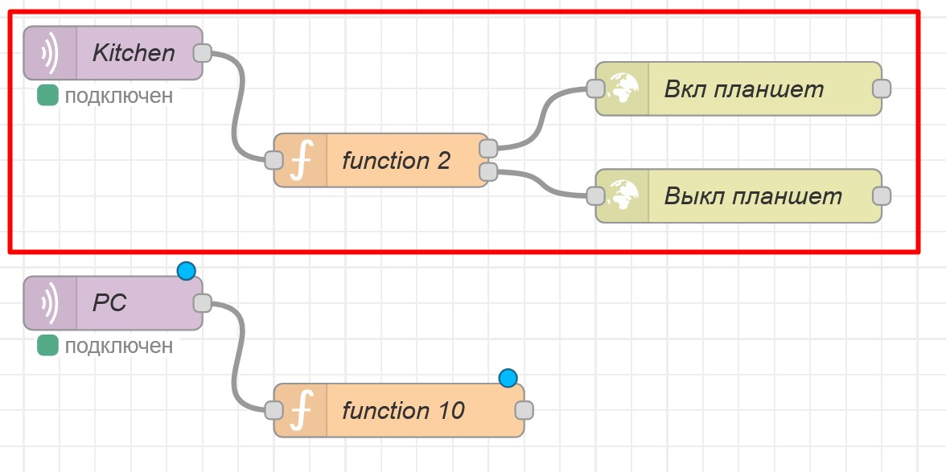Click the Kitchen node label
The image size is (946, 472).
(x=134, y=53)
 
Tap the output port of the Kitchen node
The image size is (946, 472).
(x=203, y=53)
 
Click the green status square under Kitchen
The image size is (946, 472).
(x=48, y=96)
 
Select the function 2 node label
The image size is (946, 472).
(x=396, y=161)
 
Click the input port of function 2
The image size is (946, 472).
(x=274, y=160)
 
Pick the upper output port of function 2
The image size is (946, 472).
(x=487, y=148)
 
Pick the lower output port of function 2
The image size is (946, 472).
(x=487, y=171)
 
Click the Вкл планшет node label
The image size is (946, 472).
(x=744, y=88)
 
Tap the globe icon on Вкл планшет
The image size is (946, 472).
(x=623, y=88)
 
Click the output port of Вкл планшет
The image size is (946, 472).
(x=882, y=88)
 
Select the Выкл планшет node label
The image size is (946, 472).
(x=753, y=196)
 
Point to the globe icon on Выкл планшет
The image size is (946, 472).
(x=623, y=196)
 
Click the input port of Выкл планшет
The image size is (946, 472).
(x=595, y=196)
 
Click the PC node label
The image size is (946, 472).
(x=109, y=304)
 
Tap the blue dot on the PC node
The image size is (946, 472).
(x=187, y=271)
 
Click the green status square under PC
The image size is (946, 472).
(x=48, y=346)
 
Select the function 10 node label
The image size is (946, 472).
(x=403, y=411)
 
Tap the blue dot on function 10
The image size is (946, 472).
(x=508, y=378)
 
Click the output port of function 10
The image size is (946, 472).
(x=524, y=410)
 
